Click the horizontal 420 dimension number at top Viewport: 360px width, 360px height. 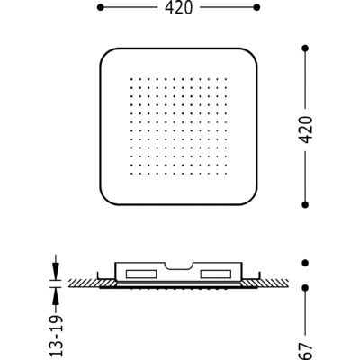(x=178, y=8)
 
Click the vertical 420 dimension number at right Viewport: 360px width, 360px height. (x=306, y=130)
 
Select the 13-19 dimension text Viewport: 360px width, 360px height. (x=57, y=335)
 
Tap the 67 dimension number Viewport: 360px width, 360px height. (x=306, y=351)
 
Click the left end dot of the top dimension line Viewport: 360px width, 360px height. (x=101, y=7)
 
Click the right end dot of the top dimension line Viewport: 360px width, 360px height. (x=256, y=7)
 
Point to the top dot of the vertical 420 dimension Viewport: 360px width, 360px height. (x=305, y=48)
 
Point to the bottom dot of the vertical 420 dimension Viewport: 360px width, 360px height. (x=305, y=204)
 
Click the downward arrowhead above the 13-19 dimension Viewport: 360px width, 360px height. (x=56, y=269)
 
